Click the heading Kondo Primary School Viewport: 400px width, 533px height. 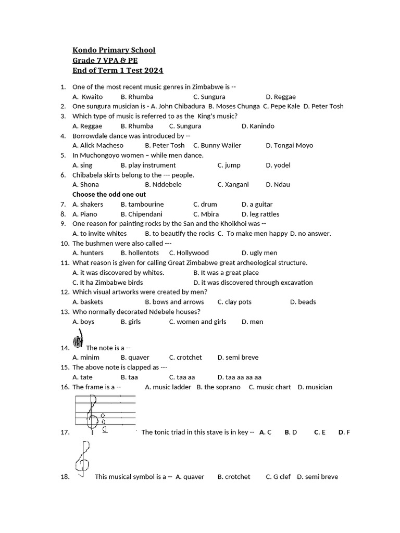click(114, 50)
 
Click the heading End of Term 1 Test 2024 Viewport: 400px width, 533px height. click(117, 70)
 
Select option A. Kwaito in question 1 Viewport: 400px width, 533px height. click(87, 97)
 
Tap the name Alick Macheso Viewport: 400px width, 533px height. click(98, 146)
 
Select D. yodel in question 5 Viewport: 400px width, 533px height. click(278, 166)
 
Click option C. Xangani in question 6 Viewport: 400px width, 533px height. click(233, 185)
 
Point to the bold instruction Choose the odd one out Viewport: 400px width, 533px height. click(109, 194)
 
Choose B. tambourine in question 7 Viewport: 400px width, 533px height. click(142, 205)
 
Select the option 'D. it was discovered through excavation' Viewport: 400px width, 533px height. click(253, 283)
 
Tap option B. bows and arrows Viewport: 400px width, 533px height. click(174, 302)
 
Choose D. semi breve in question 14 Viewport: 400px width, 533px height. click(238, 358)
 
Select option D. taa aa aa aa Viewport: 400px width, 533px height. click(240, 377)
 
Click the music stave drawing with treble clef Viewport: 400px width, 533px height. click(105, 414)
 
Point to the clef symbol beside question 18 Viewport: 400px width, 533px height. click(82, 459)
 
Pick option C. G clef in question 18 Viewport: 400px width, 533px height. click(278, 477)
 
